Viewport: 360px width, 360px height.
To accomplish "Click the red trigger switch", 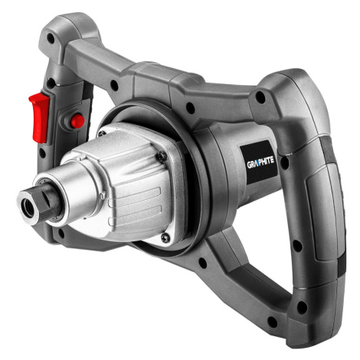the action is [x=39, y=117].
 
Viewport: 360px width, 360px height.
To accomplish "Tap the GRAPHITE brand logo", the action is [x=260, y=162].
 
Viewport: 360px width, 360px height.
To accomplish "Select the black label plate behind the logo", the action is [x=258, y=162].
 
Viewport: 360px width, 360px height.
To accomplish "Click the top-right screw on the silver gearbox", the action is [x=162, y=155].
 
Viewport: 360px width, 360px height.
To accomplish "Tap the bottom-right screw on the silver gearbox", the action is [x=165, y=237].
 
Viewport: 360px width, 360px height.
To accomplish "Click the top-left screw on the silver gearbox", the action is [x=102, y=133].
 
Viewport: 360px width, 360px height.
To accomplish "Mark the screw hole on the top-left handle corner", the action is [x=51, y=38].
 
